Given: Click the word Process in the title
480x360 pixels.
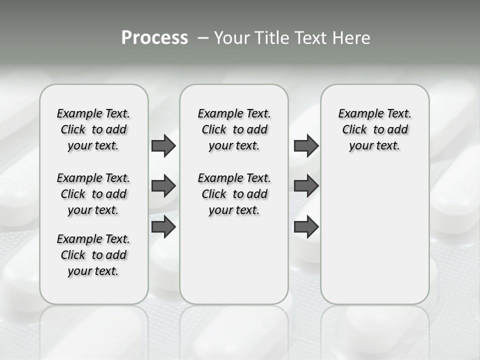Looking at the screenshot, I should click(154, 37).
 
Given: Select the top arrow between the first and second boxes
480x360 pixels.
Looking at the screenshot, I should click(163, 145).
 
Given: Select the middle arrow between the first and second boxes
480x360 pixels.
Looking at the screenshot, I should click(163, 186).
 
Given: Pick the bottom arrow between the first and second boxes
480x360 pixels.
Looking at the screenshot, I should click(163, 227).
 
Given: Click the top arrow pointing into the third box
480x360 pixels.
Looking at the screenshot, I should click(306, 145).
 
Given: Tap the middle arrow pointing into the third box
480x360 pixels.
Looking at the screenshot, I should click(306, 186).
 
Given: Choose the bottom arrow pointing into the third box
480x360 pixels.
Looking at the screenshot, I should click(306, 227).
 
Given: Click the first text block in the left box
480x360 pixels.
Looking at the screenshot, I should click(93, 129).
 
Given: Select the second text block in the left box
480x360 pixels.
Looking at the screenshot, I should click(93, 194).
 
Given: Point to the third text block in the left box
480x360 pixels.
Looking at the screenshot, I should click(93, 255).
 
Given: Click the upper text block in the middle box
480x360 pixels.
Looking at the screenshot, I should click(234, 129).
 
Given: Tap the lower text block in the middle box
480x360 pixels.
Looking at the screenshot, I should click(234, 194).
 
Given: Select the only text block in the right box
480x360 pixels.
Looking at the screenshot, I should click(374, 129).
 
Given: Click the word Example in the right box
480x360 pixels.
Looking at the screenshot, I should click(355, 114).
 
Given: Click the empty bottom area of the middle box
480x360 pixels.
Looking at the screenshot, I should click(234, 265).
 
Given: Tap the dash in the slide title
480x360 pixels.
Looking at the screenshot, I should click(203, 38).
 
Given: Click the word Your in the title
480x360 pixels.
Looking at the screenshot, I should click(232, 38).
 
